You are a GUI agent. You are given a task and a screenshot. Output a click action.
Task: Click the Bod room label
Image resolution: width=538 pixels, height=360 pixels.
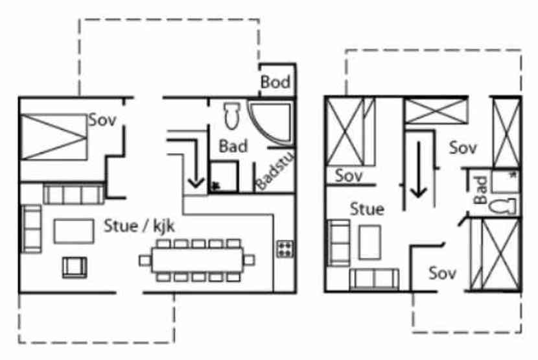(275, 82)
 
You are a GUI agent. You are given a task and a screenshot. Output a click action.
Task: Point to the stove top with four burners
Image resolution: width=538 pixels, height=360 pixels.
(284, 248)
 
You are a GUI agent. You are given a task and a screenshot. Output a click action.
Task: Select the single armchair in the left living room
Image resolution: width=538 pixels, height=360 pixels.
(75, 267)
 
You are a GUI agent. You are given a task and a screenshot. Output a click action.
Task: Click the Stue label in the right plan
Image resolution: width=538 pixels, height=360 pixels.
(367, 209)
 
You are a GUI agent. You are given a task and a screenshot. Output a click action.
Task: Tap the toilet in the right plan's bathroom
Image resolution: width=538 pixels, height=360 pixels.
(502, 206)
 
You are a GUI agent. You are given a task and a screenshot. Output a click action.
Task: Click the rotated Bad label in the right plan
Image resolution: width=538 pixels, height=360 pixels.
(480, 190)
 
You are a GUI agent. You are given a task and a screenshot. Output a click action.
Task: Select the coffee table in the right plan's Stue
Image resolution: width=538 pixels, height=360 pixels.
(370, 241)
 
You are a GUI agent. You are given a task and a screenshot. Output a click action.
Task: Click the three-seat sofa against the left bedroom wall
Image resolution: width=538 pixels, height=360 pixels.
(73, 193)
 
